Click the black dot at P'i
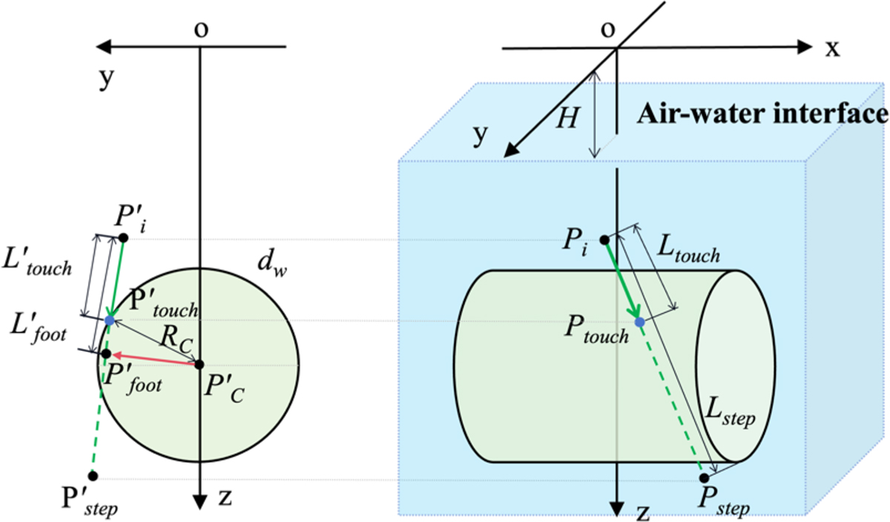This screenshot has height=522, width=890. point(123,237)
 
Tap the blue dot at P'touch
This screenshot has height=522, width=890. point(110,320)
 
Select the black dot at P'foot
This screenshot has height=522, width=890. point(106,354)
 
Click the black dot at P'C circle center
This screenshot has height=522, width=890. point(199,364)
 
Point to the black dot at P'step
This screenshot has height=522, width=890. point(93,476)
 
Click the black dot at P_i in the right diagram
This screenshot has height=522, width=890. point(604,239)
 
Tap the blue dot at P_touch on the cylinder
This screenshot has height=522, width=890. point(640,322)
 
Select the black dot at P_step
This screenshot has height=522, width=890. point(704,478)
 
